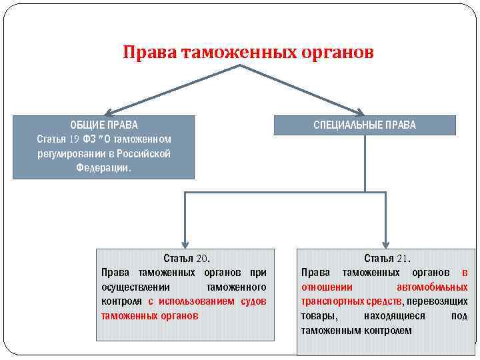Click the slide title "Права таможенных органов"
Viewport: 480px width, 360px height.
coord(248,52)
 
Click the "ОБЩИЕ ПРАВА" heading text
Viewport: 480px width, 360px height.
coord(104,125)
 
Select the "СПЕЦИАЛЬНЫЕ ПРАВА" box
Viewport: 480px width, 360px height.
coord(365,125)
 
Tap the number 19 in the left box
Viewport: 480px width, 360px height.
coord(73,139)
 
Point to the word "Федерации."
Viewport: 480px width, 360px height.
coord(104,168)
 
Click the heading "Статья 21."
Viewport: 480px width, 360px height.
coord(387,258)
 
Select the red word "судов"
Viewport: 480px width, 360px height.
coord(253,301)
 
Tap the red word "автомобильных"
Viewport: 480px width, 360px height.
coord(432,287)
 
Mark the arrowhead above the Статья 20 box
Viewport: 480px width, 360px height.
coord(185,243)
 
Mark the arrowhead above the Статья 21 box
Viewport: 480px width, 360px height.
coord(386,243)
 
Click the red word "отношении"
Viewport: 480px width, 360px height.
coord(326,287)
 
